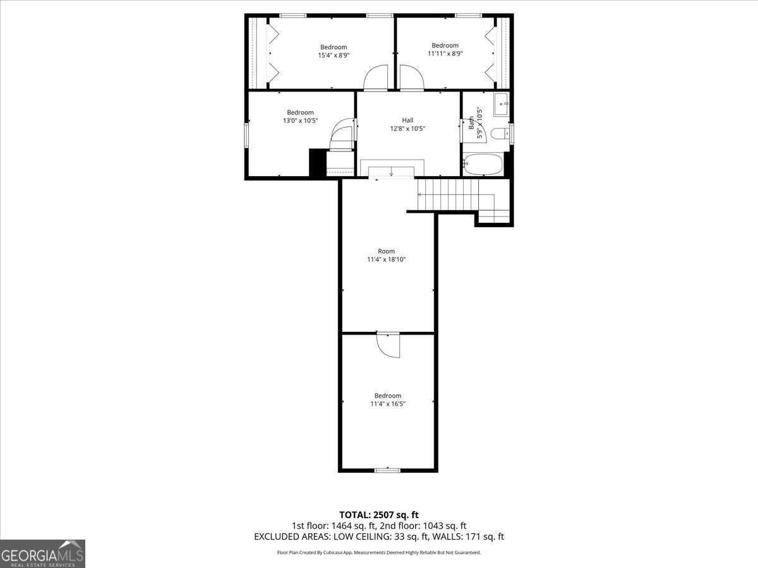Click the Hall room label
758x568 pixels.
click(x=407, y=120)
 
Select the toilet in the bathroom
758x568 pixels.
click(x=501, y=134)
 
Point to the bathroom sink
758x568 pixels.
click(x=502, y=104)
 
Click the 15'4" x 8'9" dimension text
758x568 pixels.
click(x=334, y=56)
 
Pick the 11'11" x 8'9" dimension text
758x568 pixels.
click(x=445, y=54)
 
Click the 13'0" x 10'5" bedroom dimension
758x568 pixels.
click(x=300, y=121)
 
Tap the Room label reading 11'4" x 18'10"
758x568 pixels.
click(x=386, y=259)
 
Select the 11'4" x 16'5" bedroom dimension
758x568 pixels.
click(x=387, y=404)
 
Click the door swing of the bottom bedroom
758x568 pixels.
click(x=388, y=345)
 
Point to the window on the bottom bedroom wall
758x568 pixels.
click(x=387, y=470)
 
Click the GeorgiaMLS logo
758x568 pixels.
click(x=42, y=553)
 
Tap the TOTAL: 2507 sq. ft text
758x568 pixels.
click(x=379, y=515)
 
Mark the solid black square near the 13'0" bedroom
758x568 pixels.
click(x=317, y=162)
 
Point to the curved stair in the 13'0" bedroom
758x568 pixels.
click(x=343, y=135)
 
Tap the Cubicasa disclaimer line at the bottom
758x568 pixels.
click(x=379, y=552)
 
